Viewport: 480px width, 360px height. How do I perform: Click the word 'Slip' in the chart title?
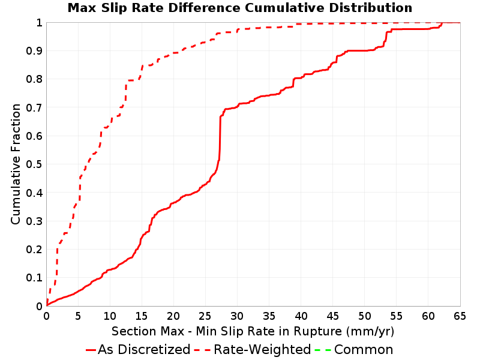(114, 8)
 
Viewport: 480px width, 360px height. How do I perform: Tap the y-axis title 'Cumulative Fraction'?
(16, 164)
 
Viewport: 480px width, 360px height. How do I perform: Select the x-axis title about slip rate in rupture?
(253, 331)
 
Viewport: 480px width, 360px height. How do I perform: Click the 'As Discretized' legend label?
(144, 349)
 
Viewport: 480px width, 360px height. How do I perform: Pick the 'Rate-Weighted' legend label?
(262, 349)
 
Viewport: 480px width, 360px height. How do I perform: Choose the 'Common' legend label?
(364, 349)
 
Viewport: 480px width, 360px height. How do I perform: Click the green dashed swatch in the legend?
(323, 350)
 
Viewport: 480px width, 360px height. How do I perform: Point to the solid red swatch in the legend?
(91, 350)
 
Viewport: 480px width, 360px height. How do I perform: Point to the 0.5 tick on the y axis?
(34, 164)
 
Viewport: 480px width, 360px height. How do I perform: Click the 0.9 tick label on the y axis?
(34, 51)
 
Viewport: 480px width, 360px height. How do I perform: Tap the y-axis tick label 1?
(39, 23)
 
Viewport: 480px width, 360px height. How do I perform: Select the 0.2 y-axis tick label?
(34, 250)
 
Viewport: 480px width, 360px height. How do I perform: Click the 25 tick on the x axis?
(205, 316)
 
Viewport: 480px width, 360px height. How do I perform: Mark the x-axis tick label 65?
(460, 316)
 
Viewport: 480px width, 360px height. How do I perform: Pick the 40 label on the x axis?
(301, 316)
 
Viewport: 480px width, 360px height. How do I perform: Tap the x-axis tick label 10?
(110, 316)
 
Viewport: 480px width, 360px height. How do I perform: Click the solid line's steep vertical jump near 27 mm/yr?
(220, 138)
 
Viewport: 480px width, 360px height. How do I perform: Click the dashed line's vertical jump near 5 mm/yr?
(80, 188)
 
